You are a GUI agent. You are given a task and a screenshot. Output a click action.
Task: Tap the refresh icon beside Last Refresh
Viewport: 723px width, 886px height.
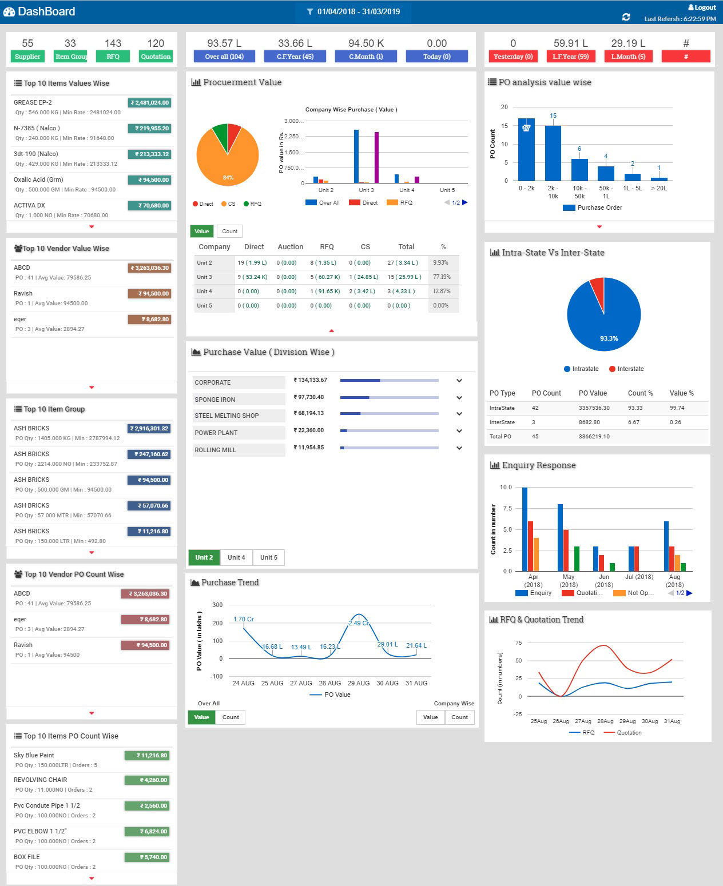[626, 17]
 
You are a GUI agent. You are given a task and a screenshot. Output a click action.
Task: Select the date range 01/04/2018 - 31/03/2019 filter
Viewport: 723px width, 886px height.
[353, 11]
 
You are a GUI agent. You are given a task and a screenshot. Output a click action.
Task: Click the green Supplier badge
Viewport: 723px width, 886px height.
[27, 57]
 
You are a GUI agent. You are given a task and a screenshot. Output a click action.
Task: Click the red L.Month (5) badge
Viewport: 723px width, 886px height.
[628, 57]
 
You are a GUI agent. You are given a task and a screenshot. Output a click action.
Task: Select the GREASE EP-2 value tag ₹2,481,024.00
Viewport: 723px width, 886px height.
[150, 103]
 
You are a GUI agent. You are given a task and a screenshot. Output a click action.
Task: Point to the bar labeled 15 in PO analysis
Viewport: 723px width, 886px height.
[553, 152]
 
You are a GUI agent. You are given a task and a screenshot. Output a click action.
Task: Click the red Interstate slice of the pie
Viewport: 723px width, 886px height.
[598, 291]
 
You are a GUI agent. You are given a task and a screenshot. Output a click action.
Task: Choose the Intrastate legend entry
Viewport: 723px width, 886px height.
[581, 369]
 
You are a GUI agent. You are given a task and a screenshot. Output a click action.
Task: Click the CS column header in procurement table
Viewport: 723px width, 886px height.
[365, 247]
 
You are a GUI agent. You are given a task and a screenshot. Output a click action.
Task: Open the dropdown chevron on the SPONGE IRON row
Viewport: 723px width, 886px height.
[459, 398]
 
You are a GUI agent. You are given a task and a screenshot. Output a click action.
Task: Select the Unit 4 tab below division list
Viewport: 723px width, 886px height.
[236, 557]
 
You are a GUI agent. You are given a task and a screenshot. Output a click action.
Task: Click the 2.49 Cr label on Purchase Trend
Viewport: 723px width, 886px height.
[359, 623]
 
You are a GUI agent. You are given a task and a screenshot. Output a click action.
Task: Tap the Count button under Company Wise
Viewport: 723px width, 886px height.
[459, 717]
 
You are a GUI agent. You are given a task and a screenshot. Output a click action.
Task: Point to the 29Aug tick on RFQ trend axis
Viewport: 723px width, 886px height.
[627, 721]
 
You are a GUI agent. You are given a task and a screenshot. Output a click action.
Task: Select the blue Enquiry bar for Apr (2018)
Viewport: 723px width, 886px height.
[525, 529]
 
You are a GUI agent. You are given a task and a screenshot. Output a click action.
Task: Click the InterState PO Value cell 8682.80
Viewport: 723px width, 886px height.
[589, 422]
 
